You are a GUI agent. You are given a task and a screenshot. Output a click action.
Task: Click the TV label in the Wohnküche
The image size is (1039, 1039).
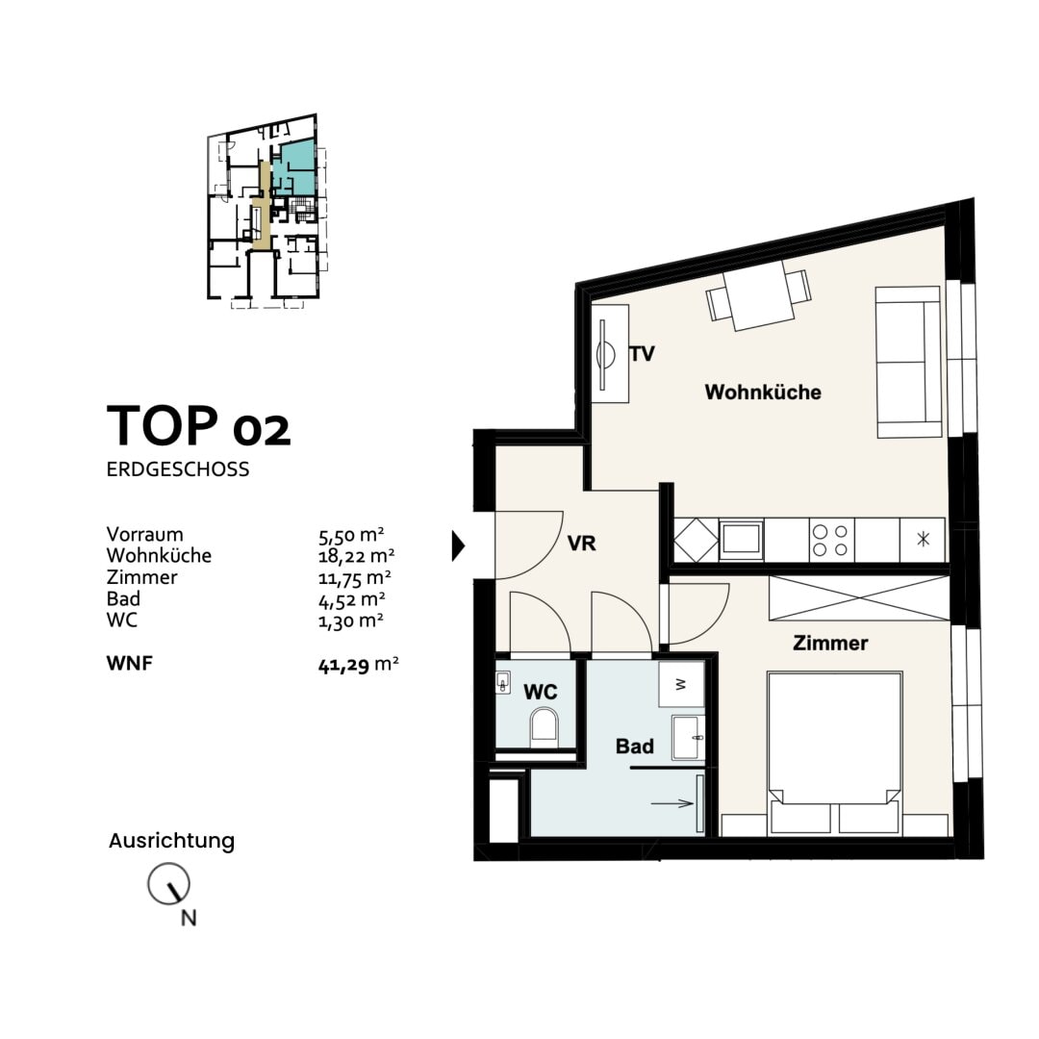tap(642, 354)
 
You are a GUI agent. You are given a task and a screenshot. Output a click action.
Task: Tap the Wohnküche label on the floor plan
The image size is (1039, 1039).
tap(763, 392)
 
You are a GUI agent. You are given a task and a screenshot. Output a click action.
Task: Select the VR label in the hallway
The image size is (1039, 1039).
tap(582, 544)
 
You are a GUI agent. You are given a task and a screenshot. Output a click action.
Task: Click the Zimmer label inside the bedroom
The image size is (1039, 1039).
tap(830, 643)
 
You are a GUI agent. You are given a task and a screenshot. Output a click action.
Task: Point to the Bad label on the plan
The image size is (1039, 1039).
tap(635, 747)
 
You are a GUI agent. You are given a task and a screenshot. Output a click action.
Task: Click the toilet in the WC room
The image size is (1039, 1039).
tap(544, 727)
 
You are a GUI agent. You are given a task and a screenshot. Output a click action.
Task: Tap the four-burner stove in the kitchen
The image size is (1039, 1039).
tap(831, 540)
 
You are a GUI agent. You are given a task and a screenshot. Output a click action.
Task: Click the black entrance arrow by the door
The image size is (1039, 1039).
tap(458, 546)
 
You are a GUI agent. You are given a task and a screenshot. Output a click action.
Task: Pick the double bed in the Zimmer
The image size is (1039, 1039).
tap(834, 752)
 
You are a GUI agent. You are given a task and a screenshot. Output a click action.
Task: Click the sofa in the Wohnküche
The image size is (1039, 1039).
tap(908, 363)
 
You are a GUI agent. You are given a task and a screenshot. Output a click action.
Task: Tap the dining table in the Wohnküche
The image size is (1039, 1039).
tap(759, 295)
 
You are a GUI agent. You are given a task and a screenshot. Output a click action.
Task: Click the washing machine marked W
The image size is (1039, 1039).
tap(681, 684)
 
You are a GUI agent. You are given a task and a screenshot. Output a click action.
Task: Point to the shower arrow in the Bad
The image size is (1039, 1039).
tap(672, 803)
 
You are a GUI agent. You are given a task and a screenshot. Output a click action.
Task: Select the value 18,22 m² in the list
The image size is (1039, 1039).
tap(357, 555)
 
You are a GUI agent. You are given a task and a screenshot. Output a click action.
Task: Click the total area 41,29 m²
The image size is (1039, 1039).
tap(359, 664)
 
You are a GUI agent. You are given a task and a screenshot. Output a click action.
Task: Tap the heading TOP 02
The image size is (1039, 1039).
tap(199, 425)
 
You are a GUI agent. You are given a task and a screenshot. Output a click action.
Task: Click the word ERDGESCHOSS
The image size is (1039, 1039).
tap(178, 469)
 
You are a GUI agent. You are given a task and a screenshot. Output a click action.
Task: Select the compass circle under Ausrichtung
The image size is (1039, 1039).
tap(168, 884)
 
